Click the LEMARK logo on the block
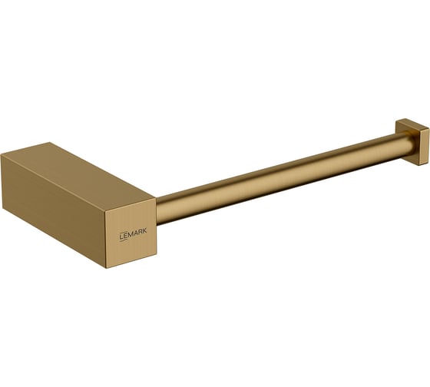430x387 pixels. coord(133,234)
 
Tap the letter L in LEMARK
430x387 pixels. coord(121,237)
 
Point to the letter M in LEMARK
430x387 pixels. coord(129,235)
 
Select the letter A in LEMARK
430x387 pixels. coord(135,233)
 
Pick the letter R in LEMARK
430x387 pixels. coord(140,233)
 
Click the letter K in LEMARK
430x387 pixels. coord(144,232)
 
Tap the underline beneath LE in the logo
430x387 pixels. coord(123,240)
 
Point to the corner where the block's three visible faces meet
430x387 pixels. coord(106,211)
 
